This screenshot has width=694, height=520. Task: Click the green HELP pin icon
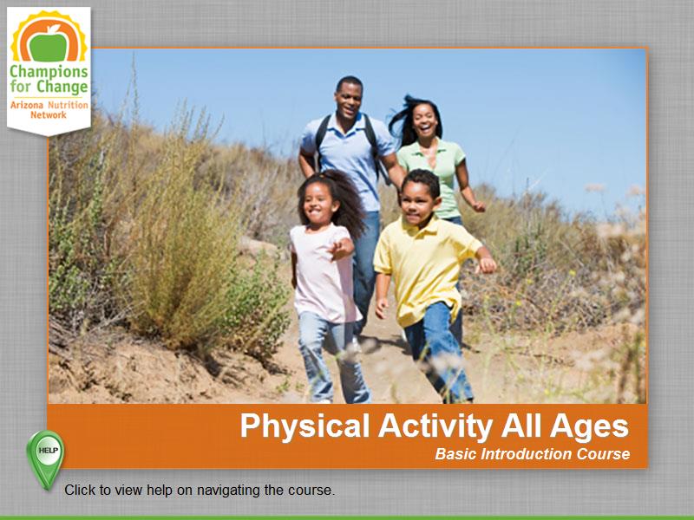[44, 452]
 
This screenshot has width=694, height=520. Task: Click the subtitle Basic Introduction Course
[532, 454]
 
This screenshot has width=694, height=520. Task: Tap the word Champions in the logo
[49, 72]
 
